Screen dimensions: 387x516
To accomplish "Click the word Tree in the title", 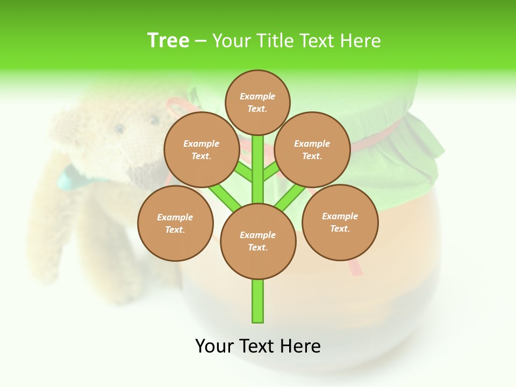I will pos(168,40).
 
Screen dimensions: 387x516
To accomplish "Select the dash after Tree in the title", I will pos(200,41).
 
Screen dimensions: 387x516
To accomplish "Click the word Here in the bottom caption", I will pos(300,346).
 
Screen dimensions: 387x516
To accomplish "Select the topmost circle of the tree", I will pos(257,102).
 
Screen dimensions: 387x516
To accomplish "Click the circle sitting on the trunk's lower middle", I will pos(258,241).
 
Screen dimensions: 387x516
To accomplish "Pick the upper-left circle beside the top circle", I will pos(201,149).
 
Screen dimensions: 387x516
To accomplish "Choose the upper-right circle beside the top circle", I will pos(312,149).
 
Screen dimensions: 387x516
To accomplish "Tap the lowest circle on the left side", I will pos(175,223).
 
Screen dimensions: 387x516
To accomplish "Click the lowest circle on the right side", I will pos(340,222).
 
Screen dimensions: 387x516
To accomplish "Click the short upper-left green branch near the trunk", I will pos(243,172).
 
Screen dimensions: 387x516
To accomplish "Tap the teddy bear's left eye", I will pos(119,128).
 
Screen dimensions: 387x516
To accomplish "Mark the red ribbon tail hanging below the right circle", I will pos(355,267).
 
